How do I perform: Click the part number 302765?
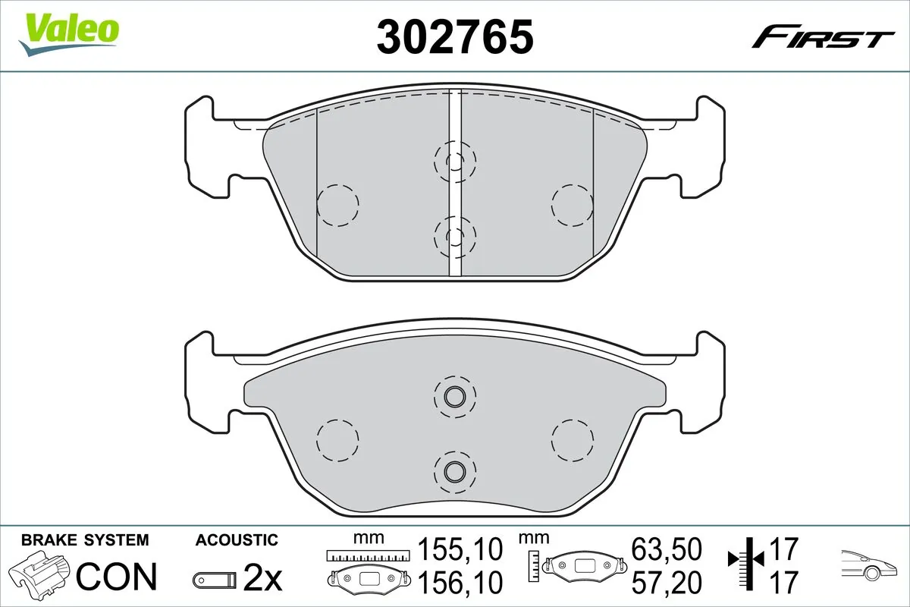click(455, 36)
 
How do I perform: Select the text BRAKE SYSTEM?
click(85, 540)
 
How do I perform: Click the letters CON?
click(117, 577)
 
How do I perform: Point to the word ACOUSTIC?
click(237, 540)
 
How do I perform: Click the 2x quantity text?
click(262, 580)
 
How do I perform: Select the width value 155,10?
click(460, 549)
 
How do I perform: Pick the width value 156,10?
click(460, 583)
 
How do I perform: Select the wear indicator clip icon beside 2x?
click(215, 580)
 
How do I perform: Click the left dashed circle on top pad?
click(337, 205)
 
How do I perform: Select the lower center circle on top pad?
click(454, 235)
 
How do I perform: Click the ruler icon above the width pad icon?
click(367, 556)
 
